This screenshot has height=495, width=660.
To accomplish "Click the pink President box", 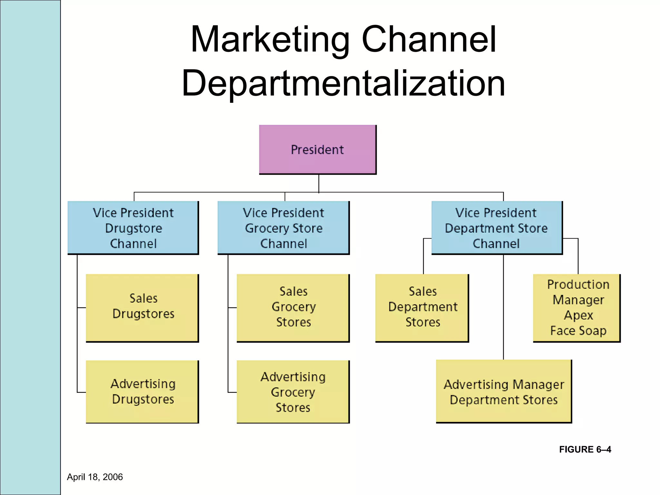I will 317,150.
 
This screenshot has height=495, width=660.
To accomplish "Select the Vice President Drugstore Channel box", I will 133,228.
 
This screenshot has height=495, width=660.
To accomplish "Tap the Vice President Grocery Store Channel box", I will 283,228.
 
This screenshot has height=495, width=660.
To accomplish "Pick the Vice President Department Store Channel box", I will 497,228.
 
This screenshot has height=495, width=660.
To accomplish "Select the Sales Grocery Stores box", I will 293,308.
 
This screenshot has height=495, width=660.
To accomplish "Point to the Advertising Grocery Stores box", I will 293,392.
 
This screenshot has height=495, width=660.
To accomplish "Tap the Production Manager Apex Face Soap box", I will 577,308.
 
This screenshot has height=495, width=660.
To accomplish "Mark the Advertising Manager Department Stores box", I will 504,391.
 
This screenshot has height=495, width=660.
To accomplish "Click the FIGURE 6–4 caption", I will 585,449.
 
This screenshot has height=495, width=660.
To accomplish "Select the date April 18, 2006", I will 95,477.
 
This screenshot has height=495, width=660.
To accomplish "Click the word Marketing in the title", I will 270,40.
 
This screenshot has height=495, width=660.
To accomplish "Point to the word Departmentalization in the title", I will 343,84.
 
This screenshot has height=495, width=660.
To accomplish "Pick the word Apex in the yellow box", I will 578,315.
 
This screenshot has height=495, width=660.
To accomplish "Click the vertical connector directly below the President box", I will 319,183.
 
